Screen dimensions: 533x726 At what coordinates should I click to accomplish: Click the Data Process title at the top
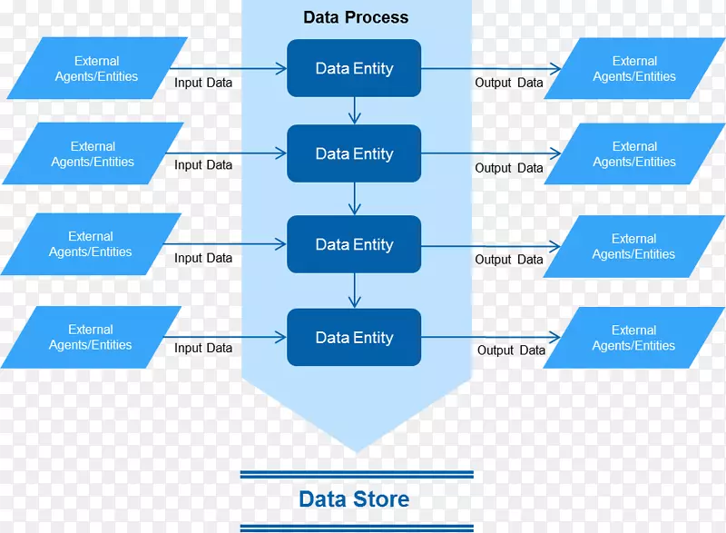tap(356, 17)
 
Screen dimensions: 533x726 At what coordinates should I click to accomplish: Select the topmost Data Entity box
tap(354, 68)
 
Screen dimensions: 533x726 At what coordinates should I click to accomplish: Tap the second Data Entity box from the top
tap(354, 154)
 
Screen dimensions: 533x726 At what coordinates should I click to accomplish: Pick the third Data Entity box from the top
tap(354, 244)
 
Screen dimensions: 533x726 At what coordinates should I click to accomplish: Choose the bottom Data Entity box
tap(354, 338)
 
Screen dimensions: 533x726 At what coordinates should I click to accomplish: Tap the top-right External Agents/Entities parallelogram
tap(634, 69)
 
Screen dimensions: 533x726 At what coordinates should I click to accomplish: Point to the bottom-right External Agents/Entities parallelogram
tap(633, 338)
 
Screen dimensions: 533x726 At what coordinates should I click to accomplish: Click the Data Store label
tap(354, 498)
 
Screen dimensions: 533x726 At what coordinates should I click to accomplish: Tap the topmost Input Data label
tap(203, 83)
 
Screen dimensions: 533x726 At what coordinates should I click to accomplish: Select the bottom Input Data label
tap(203, 348)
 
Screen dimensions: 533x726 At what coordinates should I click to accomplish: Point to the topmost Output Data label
tap(509, 83)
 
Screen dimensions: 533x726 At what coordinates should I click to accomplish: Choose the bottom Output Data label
tap(511, 350)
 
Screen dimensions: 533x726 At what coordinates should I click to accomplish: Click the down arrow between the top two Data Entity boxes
tap(354, 111)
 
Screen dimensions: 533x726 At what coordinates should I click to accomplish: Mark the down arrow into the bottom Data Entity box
tap(354, 291)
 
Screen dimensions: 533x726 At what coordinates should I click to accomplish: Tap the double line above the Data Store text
tap(357, 474)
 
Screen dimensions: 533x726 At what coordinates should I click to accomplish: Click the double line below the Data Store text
tap(357, 528)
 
